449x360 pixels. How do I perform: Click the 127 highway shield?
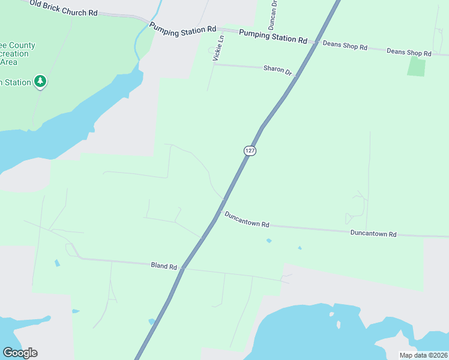pyautogui.click(x=250, y=151)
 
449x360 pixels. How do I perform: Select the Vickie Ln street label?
pyautogui.click(x=218, y=48)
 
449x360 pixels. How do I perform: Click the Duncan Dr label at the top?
pyautogui.click(x=274, y=13)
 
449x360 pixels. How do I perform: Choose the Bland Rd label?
pyautogui.click(x=164, y=266)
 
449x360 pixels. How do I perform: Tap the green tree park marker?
pyautogui.click(x=40, y=81)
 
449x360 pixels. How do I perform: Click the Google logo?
pyautogui.click(x=20, y=352)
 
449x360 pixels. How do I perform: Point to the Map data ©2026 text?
pyautogui.click(x=423, y=355)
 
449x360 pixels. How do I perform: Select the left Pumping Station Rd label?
pyautogui.click(x=182, y=30)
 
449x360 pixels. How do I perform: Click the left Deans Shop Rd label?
pyautogui.click(x=345, y=45)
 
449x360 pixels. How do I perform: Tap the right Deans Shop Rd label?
pyautogui.click(x=409, y=53)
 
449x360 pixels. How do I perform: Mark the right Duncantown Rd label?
pyautogui.click(x=373, y=233)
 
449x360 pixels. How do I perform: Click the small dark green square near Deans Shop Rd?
pyautogui.click(x=416, y=67)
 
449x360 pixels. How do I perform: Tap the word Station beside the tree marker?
pyautogui.click(x=17, y=82)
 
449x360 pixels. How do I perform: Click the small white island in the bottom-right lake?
pyautogui.click(x=339, y=325)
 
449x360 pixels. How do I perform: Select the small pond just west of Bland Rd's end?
pyautogui.click(x=56, y=263)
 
